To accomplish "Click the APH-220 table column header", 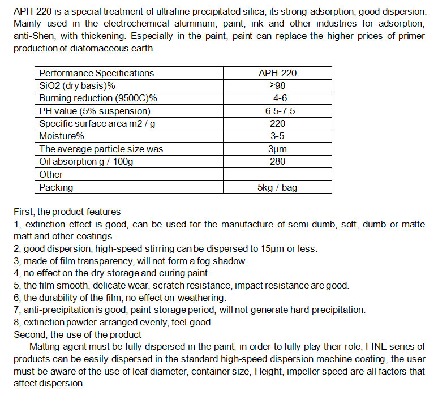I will click(277, 73).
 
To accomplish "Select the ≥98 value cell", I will click(277, 85).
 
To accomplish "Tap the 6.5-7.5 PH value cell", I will click(277, 111).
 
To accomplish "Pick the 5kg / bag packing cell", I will click(277, 187).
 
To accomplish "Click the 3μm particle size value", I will click(277, 149).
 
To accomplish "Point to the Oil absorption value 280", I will click(277, 162).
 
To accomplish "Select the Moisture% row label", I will click(62, 136).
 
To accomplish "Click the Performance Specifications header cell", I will click(96, 73).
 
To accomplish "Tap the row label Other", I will click(51, 174).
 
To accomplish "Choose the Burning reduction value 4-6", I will click(277, 98).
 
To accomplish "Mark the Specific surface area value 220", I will click(277, 123).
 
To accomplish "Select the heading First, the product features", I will click(67, 212).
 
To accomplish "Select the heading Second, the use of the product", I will click(78, 334).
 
